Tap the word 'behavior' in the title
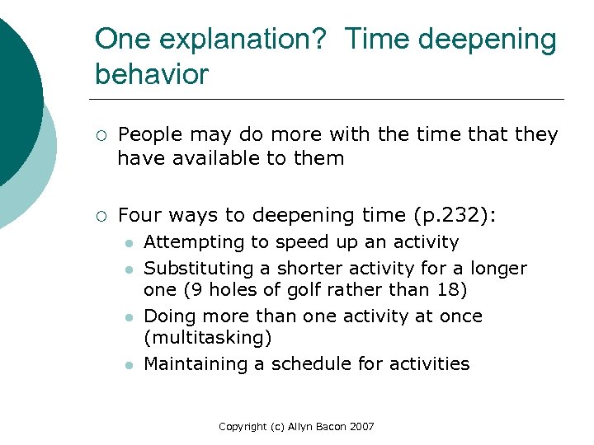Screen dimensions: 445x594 click(x=153, y=74)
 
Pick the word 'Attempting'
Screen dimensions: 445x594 click(x=186, y=242)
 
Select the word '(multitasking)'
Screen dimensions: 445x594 click(x=208, y=338)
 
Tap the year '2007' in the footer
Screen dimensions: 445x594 click(x=362, y=426)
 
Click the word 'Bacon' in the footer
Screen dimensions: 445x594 click(x=332, y=426)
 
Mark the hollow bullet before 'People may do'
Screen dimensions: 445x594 click(x=100, y=135)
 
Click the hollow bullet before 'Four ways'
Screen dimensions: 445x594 click(x=100, y=216)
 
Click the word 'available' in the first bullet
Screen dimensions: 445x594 click(x=205, y=157)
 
